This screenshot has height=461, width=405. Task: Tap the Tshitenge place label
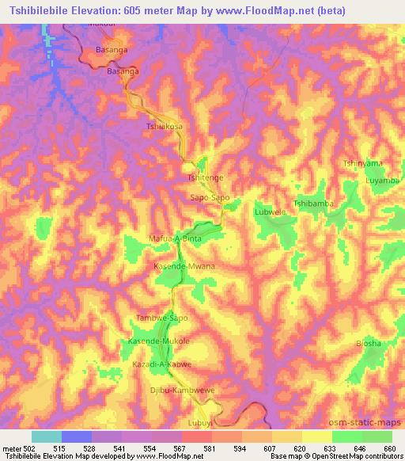[205, 178]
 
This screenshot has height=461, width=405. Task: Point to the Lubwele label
[269, 212]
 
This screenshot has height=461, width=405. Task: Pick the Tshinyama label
[362, 163]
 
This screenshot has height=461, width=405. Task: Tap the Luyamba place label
[382, 180]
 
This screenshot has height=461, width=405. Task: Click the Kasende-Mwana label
[184, 267]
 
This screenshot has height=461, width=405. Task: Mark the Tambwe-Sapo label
[162, 318]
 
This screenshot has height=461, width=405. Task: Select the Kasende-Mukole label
[159, 341]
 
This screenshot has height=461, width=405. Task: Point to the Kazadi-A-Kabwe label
[164, 364]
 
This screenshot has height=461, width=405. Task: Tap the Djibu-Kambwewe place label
[183, 391]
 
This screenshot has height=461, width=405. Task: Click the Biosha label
[368, 343]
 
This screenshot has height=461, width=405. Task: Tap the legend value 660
[391, 449]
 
